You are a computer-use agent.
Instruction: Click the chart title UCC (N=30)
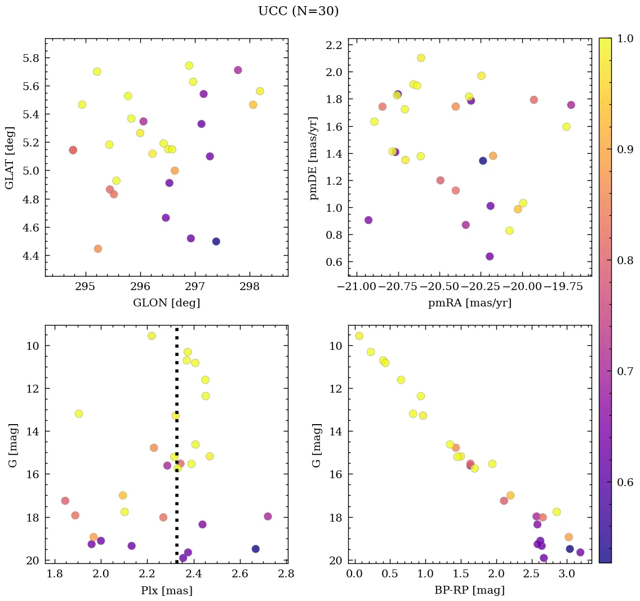[x=298, y=11]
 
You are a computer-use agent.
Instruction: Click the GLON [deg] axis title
[x=166, y=303]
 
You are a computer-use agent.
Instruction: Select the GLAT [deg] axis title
[x=10, y=158]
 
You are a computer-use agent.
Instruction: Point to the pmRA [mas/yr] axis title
[x=469, y=303]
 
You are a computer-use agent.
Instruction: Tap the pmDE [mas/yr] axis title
[x=314, y=158]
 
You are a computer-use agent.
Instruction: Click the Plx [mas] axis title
[x=166, y=590]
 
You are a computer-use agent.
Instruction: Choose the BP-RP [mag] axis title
[x=469, y=590]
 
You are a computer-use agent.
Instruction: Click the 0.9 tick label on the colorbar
[x=626, y=150]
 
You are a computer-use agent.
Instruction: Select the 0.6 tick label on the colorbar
[x=626, y=482]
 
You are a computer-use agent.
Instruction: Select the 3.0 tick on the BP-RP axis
[x=567, y=574]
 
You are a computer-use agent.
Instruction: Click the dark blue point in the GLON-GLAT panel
[x=216, y=242]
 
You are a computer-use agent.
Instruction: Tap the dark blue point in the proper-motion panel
[x=483, y=161]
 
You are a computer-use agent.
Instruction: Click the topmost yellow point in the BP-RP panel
[x=359, y=336]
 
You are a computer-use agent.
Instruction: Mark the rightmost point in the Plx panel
[x=268, y=517]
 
